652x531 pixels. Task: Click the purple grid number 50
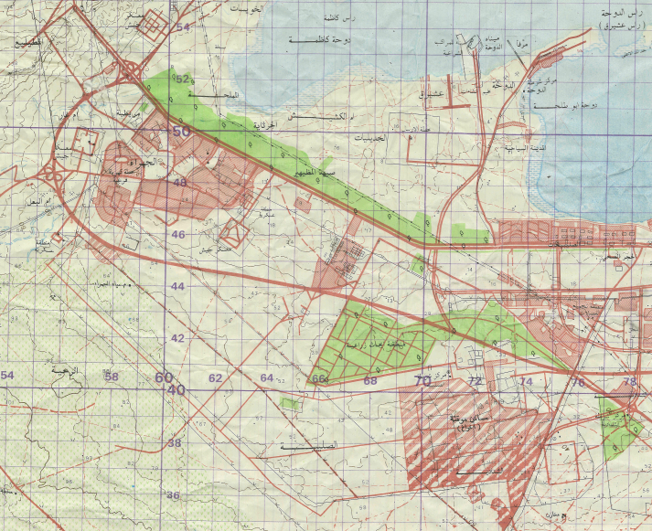tap(181, 132)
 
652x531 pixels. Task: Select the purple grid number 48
tap(180, 183)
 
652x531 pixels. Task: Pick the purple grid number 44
tap(178, 287)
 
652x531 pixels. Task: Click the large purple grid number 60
tap(164, 377)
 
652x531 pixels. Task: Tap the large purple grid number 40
tap(176, 390)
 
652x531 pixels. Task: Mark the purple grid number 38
tap(174, 443)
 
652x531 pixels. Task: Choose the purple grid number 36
tap(173, 496)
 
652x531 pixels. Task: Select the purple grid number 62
tap(215, 378)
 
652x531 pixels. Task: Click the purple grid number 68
tap(370, 380)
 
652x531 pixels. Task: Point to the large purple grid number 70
tap(422, 380)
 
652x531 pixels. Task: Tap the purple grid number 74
tap(525, 381)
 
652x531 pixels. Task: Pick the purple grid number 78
tap(629, 381)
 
